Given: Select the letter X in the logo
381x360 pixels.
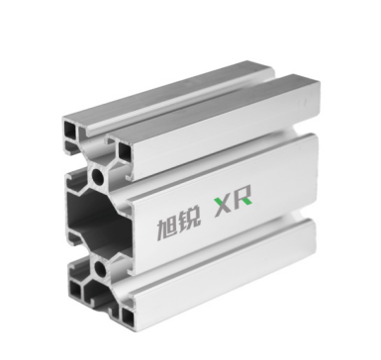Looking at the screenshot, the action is point(224,207).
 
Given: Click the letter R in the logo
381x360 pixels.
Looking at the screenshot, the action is point(243,198).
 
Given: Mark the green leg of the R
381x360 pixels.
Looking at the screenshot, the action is point(248,200).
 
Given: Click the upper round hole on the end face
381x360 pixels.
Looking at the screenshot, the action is point(98,176).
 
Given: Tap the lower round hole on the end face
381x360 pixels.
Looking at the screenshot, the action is point(100,269).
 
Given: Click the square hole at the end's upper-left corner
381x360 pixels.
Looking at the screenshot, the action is point(70,131).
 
